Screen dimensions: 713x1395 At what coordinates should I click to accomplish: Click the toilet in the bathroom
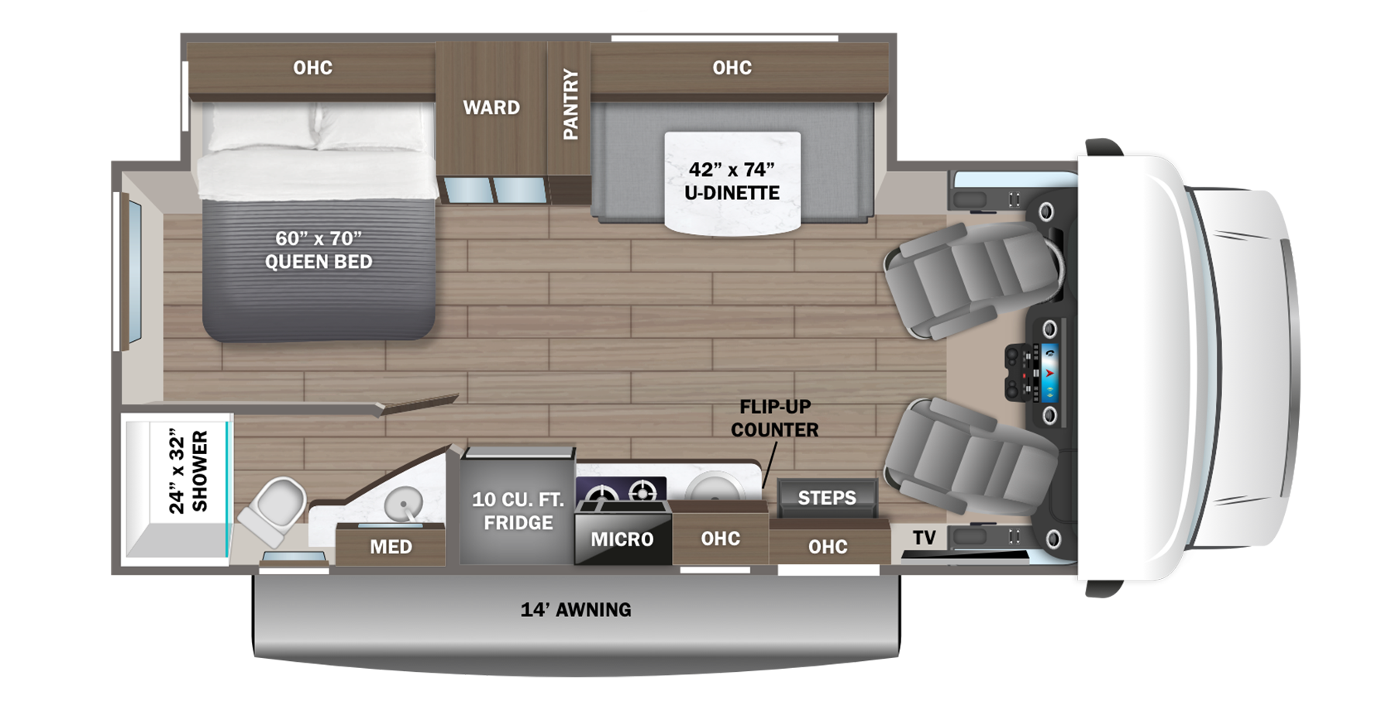coord(274,508)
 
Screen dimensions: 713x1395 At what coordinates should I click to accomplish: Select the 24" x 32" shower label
coord(188,472)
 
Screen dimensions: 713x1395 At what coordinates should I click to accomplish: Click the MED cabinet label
coord(391,546)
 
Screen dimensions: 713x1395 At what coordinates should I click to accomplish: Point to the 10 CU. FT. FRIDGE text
coord(518,511)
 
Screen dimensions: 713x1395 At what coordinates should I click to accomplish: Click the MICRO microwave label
coord(622,539)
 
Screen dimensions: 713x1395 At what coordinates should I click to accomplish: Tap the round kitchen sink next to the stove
coord(715,488)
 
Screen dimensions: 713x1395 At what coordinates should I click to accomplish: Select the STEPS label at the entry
coord(827,498)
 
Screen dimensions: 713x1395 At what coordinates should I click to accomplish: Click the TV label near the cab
coord(924,537)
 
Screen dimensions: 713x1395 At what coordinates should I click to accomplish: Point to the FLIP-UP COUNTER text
coord(774,418)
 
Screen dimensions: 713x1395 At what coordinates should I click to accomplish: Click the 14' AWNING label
coord(576,610)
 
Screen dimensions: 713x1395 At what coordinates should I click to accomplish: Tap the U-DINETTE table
coord(732,181)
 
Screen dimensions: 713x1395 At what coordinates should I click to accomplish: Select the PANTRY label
coord(570,104)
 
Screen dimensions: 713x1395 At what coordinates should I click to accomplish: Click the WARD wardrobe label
coord(491,107)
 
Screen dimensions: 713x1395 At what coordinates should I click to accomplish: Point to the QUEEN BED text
coord(319,250)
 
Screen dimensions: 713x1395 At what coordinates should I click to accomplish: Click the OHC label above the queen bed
coord(312,68)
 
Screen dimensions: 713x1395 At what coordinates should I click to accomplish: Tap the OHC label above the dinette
coord(732,68)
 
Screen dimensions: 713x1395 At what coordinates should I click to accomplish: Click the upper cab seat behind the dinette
coord(969,279)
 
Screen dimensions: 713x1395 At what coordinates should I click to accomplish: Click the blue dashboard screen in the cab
coord(1049,372)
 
